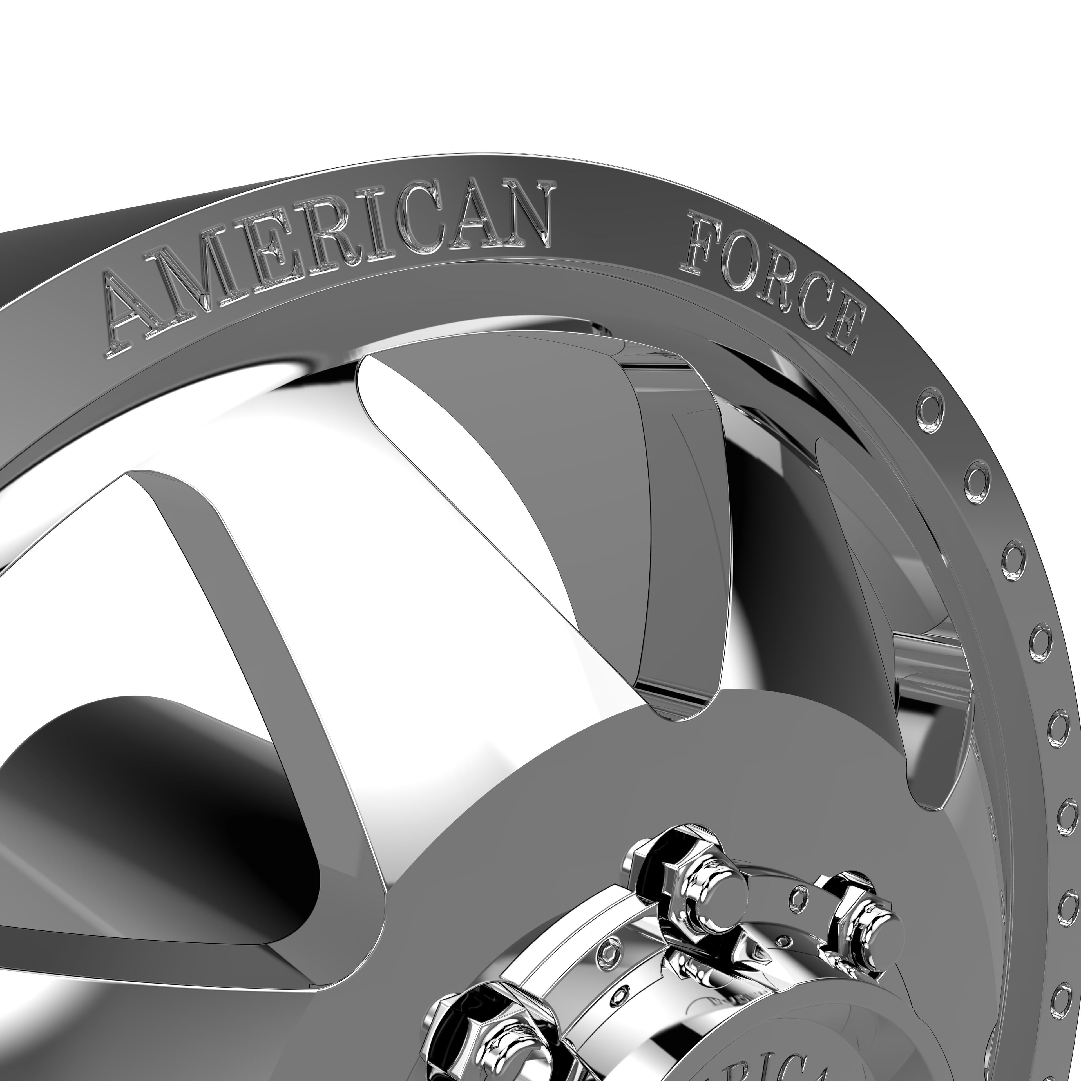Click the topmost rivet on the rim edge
[x=930, y=403]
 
